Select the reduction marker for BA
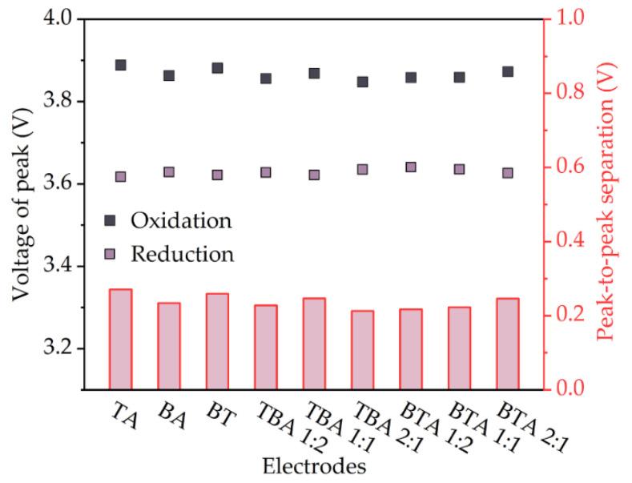169,172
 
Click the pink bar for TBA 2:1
362,351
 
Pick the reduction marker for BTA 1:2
411,167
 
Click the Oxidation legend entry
170,219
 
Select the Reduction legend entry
170,255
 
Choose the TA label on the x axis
123,416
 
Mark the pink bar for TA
121,340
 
